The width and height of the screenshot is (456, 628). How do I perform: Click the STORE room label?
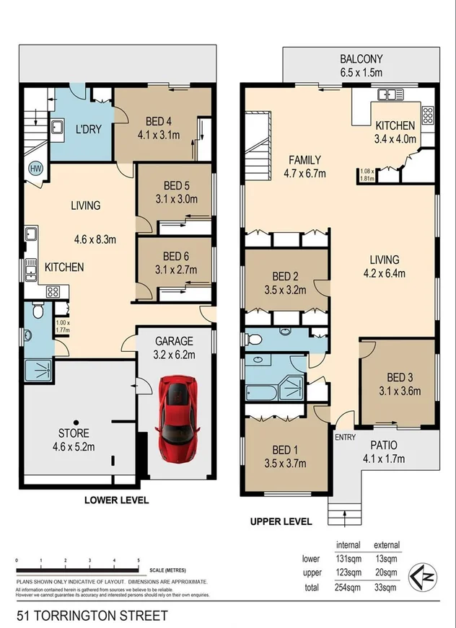[74, 433]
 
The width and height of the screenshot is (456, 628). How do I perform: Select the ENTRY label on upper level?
[343, 437]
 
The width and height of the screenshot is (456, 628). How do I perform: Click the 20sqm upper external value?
[386, 573]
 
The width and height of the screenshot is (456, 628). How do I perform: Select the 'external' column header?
[386, 545]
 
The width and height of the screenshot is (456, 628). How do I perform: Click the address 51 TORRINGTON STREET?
[92, 615]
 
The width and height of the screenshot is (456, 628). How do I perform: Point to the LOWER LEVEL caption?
[116, 500]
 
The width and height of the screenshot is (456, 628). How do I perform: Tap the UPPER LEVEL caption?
[281, 521]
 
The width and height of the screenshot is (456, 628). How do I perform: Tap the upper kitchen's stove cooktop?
[427, 115]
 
